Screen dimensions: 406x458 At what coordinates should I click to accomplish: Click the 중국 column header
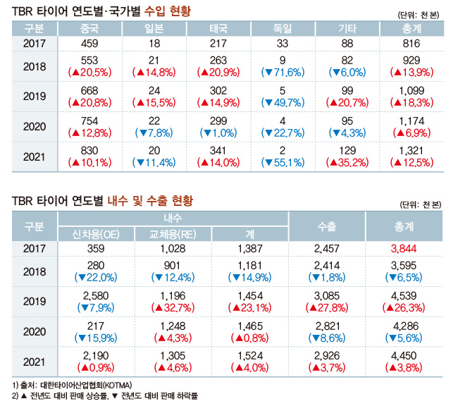point(90,29)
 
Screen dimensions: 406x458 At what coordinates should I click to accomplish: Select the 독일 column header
point(283,29)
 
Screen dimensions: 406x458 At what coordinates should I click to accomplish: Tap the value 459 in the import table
point(90,44)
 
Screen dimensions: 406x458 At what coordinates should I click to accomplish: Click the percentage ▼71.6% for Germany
point(283,73)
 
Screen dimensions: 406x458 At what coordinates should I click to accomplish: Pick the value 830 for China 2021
point(90,153)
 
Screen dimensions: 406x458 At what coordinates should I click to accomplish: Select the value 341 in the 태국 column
point(218,153)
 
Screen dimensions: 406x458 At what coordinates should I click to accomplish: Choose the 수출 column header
point(327,226)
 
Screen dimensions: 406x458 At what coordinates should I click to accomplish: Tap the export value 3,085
point(327,295)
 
